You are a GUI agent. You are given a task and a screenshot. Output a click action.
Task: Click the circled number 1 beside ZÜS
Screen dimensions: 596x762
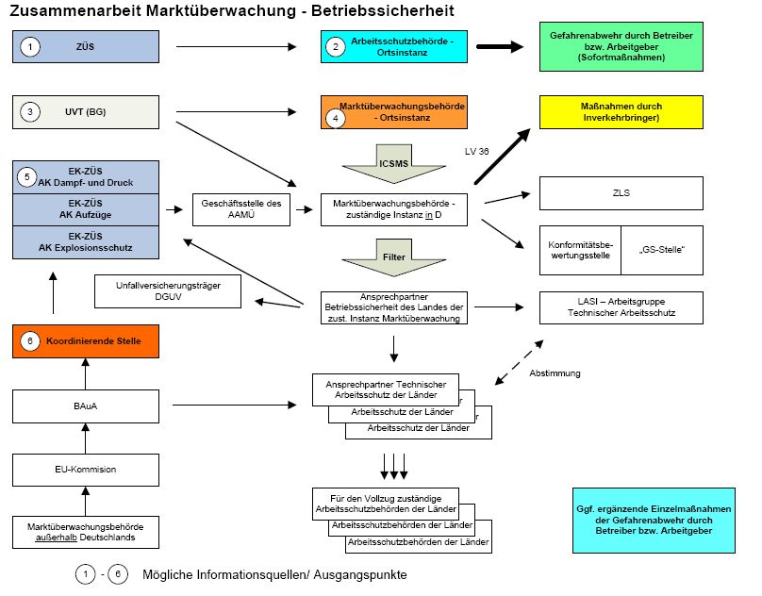coord(30,44)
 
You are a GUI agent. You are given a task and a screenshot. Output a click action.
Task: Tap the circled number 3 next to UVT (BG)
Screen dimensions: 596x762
coord(30,112)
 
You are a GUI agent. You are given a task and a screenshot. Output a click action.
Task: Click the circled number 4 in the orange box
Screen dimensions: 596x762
coord(337,120)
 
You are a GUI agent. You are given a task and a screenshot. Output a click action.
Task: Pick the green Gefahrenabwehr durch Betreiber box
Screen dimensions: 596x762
coord(621,45)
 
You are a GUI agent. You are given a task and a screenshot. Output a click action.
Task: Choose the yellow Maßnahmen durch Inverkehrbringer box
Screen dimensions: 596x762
coord(621,112)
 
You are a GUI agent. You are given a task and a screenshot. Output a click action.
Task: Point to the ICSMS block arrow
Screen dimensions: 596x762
coord(393,162)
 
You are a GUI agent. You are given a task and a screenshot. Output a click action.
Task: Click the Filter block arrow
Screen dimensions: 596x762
coord(393,255)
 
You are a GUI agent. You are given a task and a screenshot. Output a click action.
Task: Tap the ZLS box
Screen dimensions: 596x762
coord(621,193)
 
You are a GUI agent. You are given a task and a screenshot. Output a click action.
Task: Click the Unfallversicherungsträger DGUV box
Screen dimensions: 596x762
coord(161,291)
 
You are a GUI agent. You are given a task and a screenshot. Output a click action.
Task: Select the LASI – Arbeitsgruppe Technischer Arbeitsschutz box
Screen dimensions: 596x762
coord(621,306)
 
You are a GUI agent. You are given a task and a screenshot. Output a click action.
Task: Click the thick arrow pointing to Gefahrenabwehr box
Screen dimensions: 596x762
coord(500,45)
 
